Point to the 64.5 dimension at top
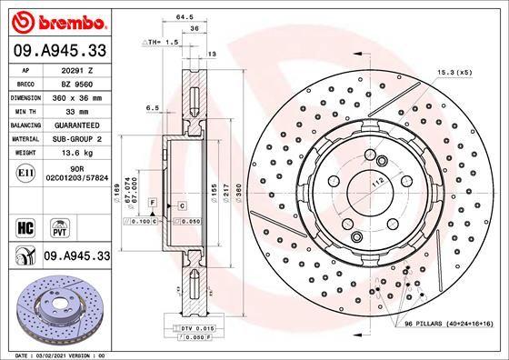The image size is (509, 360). pos(185,16)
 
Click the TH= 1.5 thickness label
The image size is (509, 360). pos(167,42)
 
